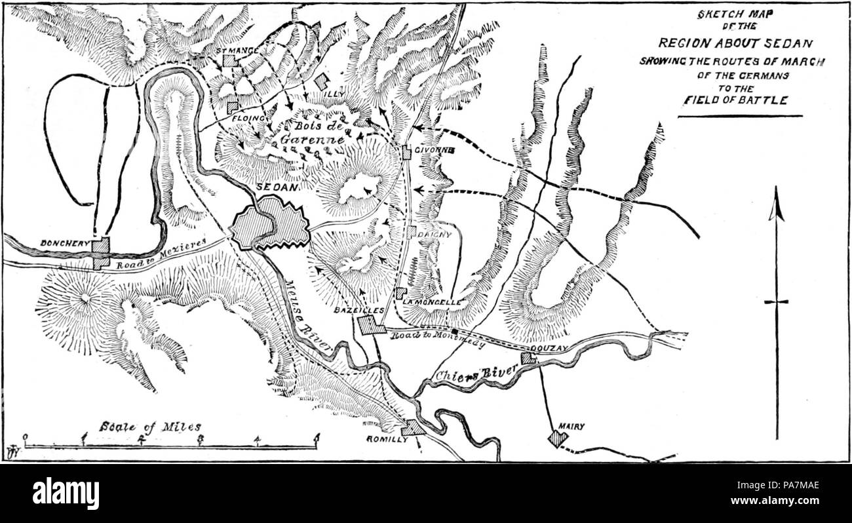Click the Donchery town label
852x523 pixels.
tap(64, 242)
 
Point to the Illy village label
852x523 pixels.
tap(334, 94)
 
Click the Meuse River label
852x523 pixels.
tap(308, 316)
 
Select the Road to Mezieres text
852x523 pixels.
tap(161, 254)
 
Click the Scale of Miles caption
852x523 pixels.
tap(150, 426)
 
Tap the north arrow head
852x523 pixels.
tap(777, 203)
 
